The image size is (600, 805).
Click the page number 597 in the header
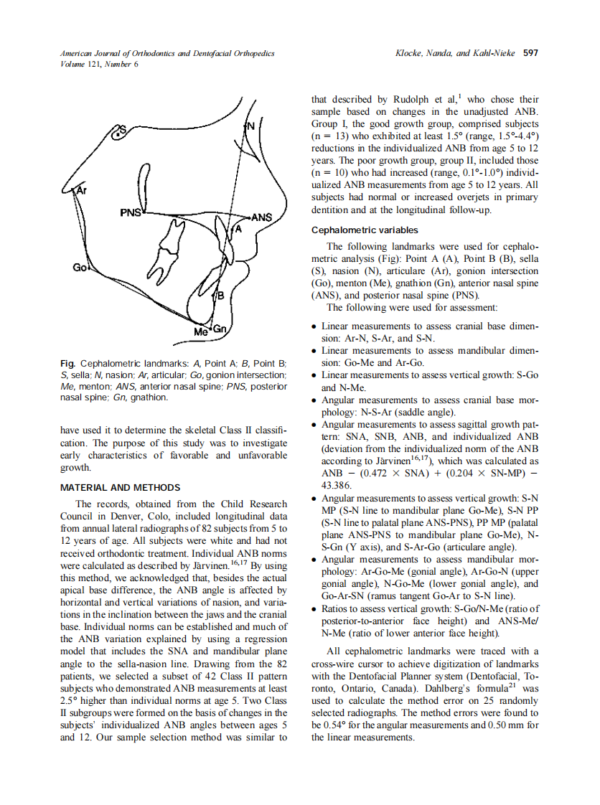[x=530, y=53]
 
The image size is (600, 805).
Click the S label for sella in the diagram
[x=121, y=130]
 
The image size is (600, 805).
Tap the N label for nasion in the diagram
[x=250, y=126]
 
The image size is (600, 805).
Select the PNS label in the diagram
[x=132, y=213]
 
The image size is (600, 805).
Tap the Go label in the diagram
[x=79, y=268]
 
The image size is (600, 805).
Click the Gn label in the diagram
[x=219, y=329]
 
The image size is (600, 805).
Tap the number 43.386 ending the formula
[x=338, y=485]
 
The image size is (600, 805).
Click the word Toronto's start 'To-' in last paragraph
[x=531, y=676]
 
